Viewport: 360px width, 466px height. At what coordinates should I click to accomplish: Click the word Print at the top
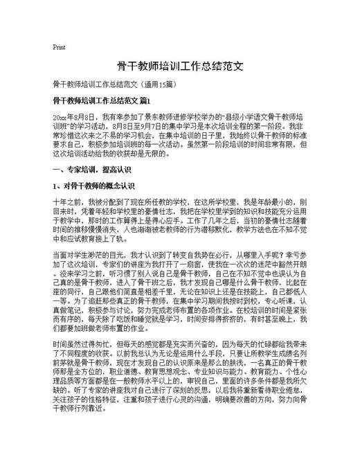(x=59, y=47)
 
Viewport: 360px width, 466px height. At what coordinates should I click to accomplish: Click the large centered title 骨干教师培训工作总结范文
(x=180, y=67)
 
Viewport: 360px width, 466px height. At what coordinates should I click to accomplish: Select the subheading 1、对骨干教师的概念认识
(x=93, y=186)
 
